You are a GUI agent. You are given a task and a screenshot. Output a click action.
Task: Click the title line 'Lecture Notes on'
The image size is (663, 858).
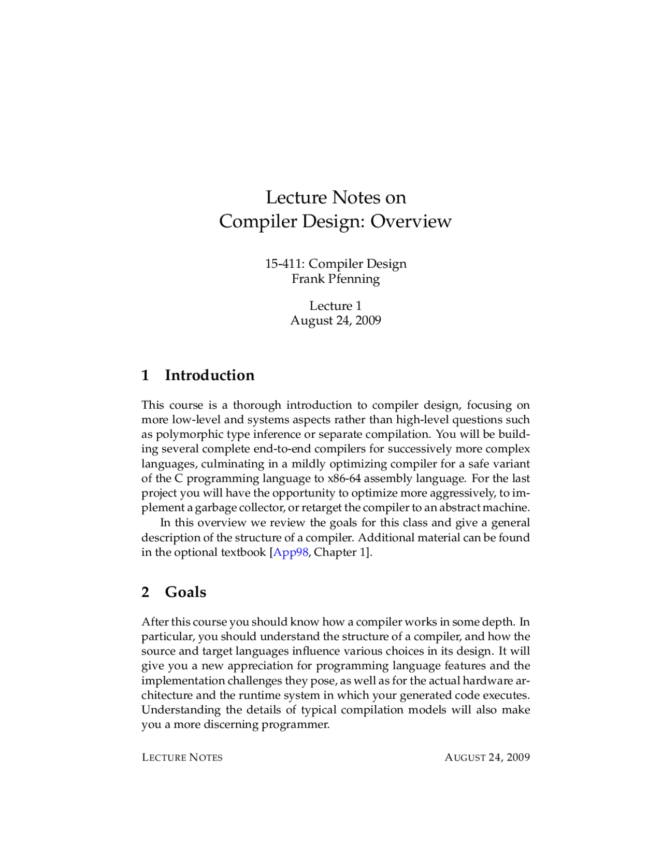(x=336, y=197)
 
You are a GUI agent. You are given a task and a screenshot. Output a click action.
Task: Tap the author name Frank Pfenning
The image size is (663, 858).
(x=336, y=279)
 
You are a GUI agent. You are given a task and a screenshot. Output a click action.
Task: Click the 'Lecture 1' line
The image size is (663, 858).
(x=336, y=306)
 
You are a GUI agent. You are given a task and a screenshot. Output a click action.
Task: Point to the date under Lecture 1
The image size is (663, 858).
(x=336, y=320)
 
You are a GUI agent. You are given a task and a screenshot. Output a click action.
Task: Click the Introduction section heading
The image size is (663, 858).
(x=209, y=375)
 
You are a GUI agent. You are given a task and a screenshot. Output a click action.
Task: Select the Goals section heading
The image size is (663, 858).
(x=185, y=592)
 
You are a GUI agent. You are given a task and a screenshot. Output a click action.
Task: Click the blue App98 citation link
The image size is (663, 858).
(x=291, y=552)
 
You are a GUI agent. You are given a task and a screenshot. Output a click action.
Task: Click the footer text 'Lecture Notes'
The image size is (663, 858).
(x=182, y=757)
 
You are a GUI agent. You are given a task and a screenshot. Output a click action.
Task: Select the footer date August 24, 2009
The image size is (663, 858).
(x=487, y=757)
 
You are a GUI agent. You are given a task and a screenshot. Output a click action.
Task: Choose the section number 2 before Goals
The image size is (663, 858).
(x=146, y=592)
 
